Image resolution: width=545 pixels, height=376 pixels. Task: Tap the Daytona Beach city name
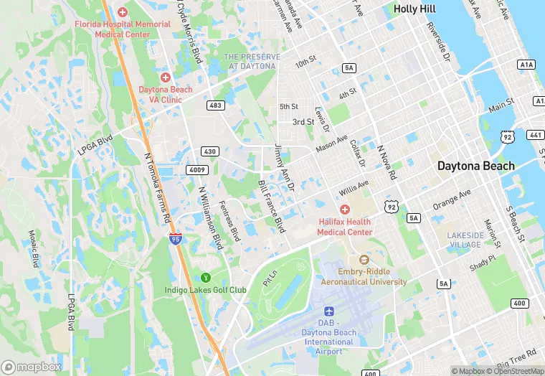476,166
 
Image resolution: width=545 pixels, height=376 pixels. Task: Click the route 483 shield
215,105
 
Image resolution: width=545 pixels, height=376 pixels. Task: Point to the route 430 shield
210,151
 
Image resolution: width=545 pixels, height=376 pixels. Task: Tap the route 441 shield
535,134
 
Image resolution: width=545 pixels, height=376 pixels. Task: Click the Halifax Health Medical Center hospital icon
345,209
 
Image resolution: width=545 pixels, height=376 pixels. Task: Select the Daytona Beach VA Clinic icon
166,77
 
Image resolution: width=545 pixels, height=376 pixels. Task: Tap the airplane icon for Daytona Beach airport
329,311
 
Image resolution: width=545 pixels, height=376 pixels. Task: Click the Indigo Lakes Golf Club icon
206,277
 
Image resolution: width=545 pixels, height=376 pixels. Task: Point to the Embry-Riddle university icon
363,259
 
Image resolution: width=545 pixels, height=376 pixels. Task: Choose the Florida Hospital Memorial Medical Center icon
123,12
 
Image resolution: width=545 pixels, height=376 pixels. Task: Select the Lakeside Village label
464,240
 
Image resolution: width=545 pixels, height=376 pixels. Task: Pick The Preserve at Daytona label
250,61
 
